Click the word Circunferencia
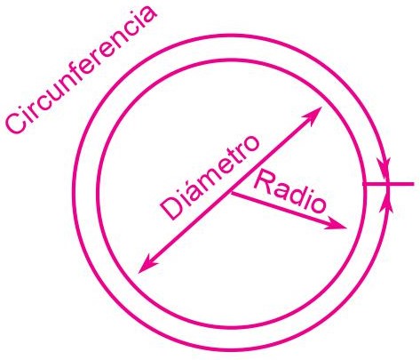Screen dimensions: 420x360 pyautogui.click(x=80, y=68)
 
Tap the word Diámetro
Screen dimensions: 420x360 pyautogui.click(x=210, y=178)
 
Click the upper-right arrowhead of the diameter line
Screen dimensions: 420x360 pyautogui.click(x=313, y=115)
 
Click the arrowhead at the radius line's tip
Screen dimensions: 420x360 pyautogui.click(x=337, y=224)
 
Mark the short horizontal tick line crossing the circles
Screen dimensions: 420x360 pyautogui.click(x=388, y=184)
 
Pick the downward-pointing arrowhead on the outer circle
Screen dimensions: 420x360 pyautogui.click(x=384, y=170)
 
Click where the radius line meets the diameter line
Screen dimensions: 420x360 pyautogui.click(x=232, y=193)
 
